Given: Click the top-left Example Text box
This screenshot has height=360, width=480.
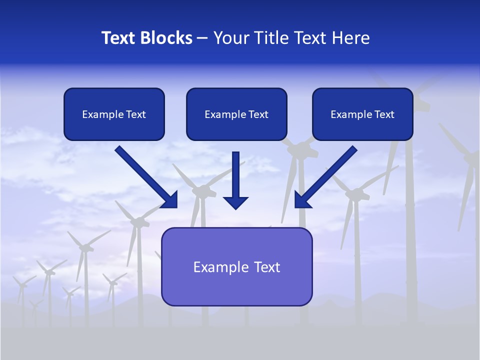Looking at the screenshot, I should coord(114,114).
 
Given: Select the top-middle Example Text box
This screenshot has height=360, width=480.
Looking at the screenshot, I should coord(236,114).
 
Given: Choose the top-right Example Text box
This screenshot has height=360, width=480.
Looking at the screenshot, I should coord(362,114).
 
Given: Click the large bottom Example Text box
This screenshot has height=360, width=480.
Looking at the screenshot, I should coord(236,267).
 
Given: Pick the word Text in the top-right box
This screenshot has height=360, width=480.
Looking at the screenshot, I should coord(384,114).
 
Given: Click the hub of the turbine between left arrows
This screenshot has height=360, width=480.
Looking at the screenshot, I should coord(203,190).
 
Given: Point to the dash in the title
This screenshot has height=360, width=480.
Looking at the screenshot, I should coord(202,38).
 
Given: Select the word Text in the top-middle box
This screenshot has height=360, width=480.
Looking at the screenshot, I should coord(258,114).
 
